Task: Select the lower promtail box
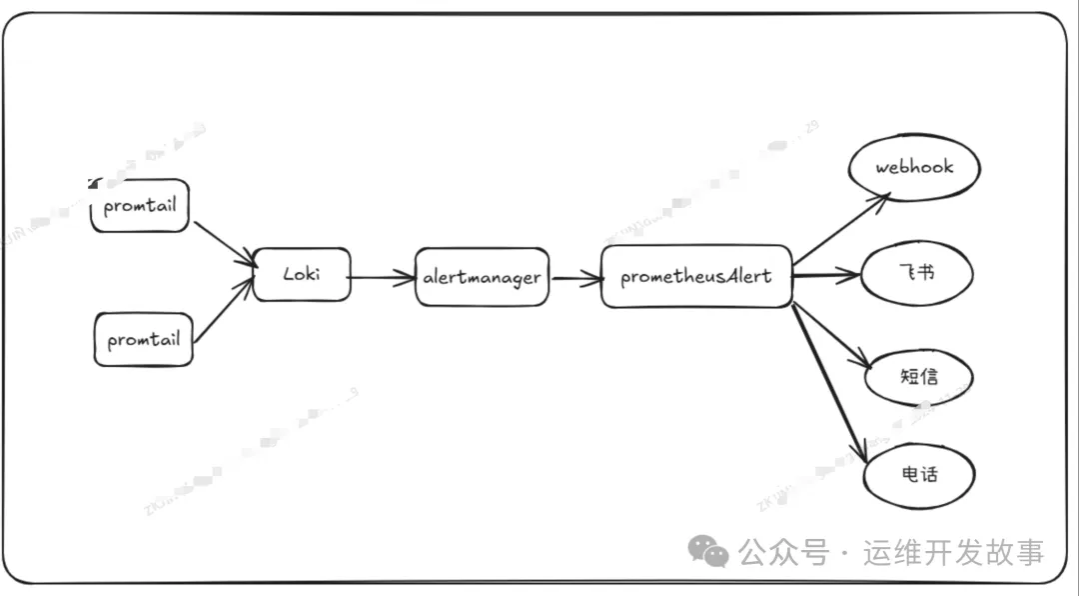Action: pos(144,339)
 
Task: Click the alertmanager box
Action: pos(482,277)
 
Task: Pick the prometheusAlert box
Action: pos(696,276)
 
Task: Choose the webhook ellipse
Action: pos(914,167)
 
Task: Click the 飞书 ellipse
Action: pos(917,273)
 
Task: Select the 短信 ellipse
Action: pos(919,377)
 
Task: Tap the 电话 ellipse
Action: pos(918,474)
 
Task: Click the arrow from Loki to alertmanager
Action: pos(383,277)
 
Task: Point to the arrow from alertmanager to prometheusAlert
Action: pos(574,278)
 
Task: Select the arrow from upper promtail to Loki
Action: pos(224,243)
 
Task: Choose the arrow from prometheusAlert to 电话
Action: pos(827,379)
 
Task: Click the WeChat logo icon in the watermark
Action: pos(711,551)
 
